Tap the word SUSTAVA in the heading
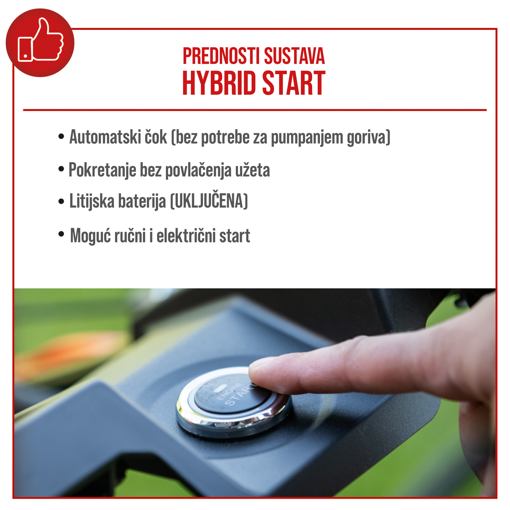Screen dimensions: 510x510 pyautogui.click(x=294, y=56)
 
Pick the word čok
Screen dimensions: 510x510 pyautogui.click(x=156, y=137)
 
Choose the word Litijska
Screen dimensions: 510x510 pyautogui.click(x=92, y=201)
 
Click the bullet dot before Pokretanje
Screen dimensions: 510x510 pyautogui.click(x=61, y=169)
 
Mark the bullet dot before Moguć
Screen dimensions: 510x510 pyautogui.click(x=61, y=234)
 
